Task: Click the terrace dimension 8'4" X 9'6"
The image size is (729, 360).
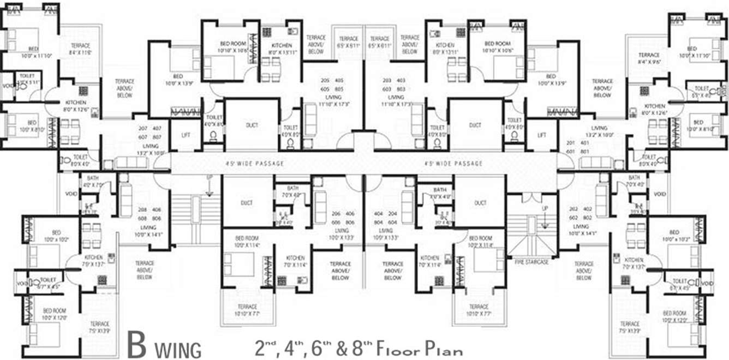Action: click(x=649, y=62)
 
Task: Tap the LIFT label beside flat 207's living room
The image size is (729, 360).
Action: click(x=186, y=134)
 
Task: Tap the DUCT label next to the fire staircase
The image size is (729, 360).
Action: click(x=480, y=203)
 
